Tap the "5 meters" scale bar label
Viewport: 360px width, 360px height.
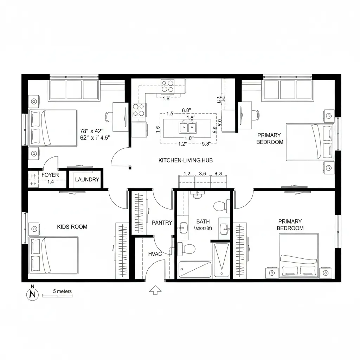(x=62, y=291)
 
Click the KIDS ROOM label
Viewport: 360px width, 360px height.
(x=72, y=227)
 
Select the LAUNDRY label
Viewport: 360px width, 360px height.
(x=87, y=180)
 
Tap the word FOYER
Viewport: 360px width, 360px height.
(x=50, y=175)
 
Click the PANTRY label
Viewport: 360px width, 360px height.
(x=162, y=223)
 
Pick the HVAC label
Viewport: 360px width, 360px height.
(x=155, y=253)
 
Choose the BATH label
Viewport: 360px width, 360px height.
(x=203, y=221)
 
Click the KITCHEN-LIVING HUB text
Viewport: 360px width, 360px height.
(x=186, y=160)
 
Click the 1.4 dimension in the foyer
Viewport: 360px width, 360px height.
(x=51, y=181)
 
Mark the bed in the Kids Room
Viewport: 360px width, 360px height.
(x=53, y=256)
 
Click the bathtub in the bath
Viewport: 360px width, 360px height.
(x=195, y=270)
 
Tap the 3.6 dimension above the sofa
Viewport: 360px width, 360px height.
(x=202, y=173)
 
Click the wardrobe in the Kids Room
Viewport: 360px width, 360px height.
(x=123, y=250)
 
